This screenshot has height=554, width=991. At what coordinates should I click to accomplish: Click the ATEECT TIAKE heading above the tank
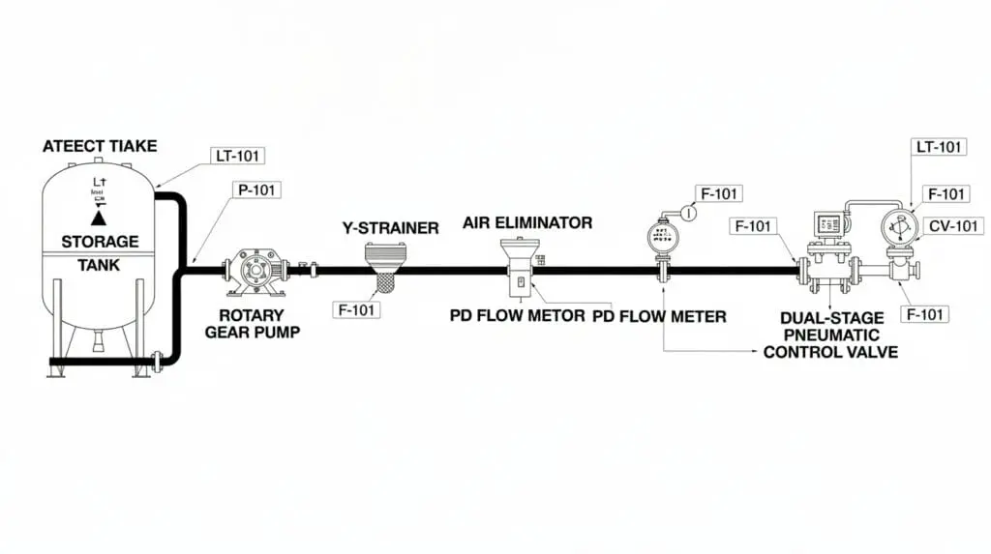click(100, 147)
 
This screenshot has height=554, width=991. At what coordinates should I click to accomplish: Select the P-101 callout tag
click(256, 190)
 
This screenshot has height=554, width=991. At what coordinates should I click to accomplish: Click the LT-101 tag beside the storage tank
click(237, 155)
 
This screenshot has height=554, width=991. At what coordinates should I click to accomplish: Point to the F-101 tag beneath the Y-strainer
click(356, 310)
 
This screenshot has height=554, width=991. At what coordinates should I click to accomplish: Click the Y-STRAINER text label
click(390, 228)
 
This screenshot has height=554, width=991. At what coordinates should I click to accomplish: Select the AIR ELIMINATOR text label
click(527, 222)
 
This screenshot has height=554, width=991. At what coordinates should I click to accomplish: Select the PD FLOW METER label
click(659, 316)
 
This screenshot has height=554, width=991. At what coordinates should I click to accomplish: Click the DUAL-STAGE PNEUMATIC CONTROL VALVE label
click(829, 335)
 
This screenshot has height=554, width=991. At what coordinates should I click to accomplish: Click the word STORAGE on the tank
click(100, 241)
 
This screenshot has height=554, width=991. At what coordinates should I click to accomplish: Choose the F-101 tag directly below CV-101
click(923, 314)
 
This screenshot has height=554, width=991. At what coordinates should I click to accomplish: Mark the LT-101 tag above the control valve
click(938, 147)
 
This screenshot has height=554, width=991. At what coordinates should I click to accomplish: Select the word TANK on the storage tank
click(100, 264)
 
